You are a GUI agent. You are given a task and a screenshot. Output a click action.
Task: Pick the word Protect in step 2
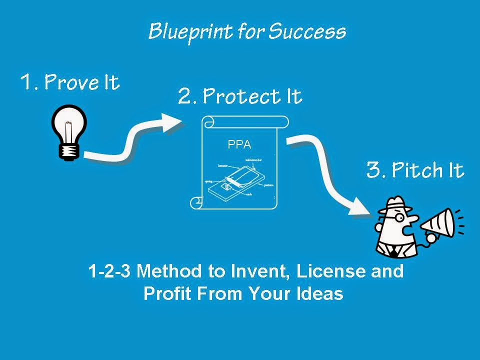(x=237, y=96)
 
